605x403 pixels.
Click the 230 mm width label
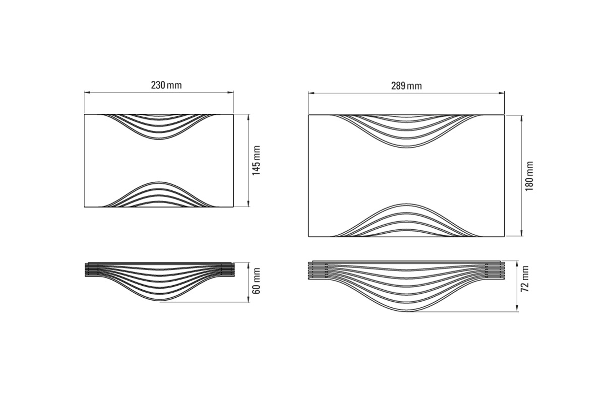coord(166,85)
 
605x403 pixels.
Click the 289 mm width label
coord(406,86)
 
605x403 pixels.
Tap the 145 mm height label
coord(256,161)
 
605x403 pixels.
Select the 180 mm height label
coord(529,176)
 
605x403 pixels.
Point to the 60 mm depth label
coord(256,281)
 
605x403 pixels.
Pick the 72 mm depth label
coord(525,279)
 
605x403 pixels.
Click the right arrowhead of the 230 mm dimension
coord(230,93)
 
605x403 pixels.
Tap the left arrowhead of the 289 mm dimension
coord(312,93)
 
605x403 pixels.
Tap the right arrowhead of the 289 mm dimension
coord(501,93)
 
